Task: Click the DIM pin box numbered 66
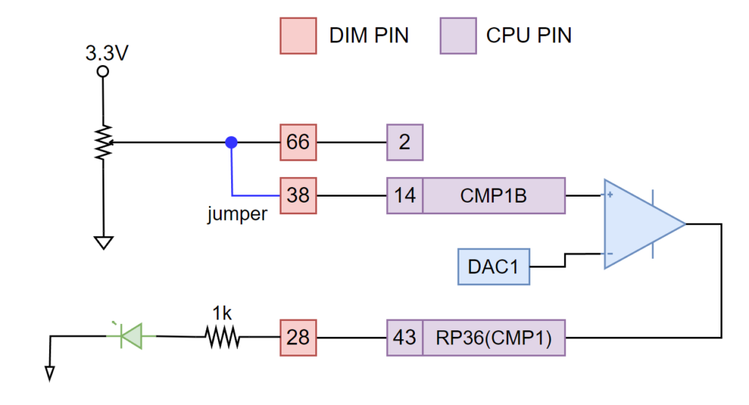pyautogui.click(x=298, y=142)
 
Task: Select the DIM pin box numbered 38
pyautogui.click(x=298, y=195)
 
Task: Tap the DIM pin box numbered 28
pyautogui.click(x=298, y=337)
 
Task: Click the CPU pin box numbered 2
pyautogui.click(x=404, y=142)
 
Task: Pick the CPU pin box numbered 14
pyautogui.click(x=404, y=195)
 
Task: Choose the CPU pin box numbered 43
pyautogui.click(x=404, y=337)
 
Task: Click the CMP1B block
pyautogui.click(x=494, y=195)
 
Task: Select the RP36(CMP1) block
pyautogui.click(x=494, y=337)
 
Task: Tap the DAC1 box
pyautogui.click(x=493, y=266)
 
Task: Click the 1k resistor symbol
pyautogui.click(x=222, y=337)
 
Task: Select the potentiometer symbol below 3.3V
pyautogui.click(x=103, y=142)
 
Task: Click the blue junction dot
pyautogui.click(x=231, y=142)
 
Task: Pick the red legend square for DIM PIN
pyautogui.click(x=298, y=35)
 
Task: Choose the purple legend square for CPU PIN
pyautogui.click(x=457, y=35)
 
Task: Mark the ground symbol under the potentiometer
pyautogui.click(x=103, y=242)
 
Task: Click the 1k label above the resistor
pyautogui.click(x=222, y=313)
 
